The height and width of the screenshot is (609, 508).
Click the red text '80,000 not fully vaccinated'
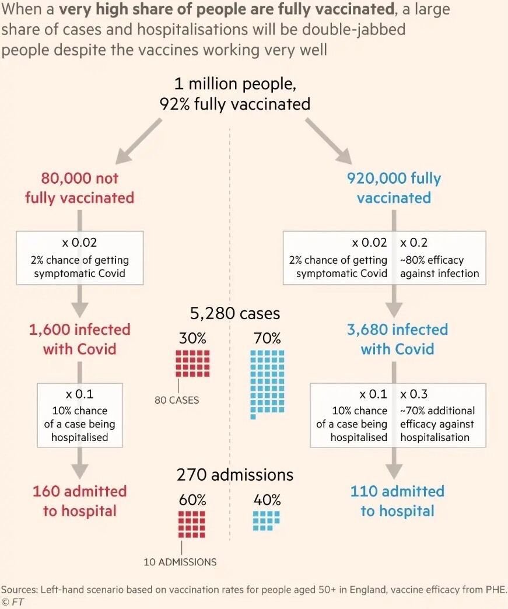[x=79, y=188]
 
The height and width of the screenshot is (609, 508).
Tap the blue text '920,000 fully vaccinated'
[x=394, y=188]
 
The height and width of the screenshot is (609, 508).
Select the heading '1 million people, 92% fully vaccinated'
[x=234, y=94]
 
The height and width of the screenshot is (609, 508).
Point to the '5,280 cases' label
[x=235, y=313]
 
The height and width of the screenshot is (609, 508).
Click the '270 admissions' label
[x=235, y=475]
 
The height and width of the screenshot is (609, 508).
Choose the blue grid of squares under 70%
[x=267, y=383]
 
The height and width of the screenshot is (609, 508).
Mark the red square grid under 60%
[x=192, y=524]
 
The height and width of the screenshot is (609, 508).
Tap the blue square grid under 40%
[x=267, y=520]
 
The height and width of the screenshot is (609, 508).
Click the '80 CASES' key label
[x=177, y=401]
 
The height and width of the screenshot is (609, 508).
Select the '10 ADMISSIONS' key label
[x=180, y=562]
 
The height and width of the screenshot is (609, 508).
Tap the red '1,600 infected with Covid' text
[x=80, y=339]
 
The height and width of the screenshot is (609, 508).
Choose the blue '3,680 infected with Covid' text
[x=397, y=339]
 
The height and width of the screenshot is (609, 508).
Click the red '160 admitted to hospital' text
[x=80, y=501]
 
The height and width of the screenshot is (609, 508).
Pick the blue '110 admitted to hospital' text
[x=397, y=501]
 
